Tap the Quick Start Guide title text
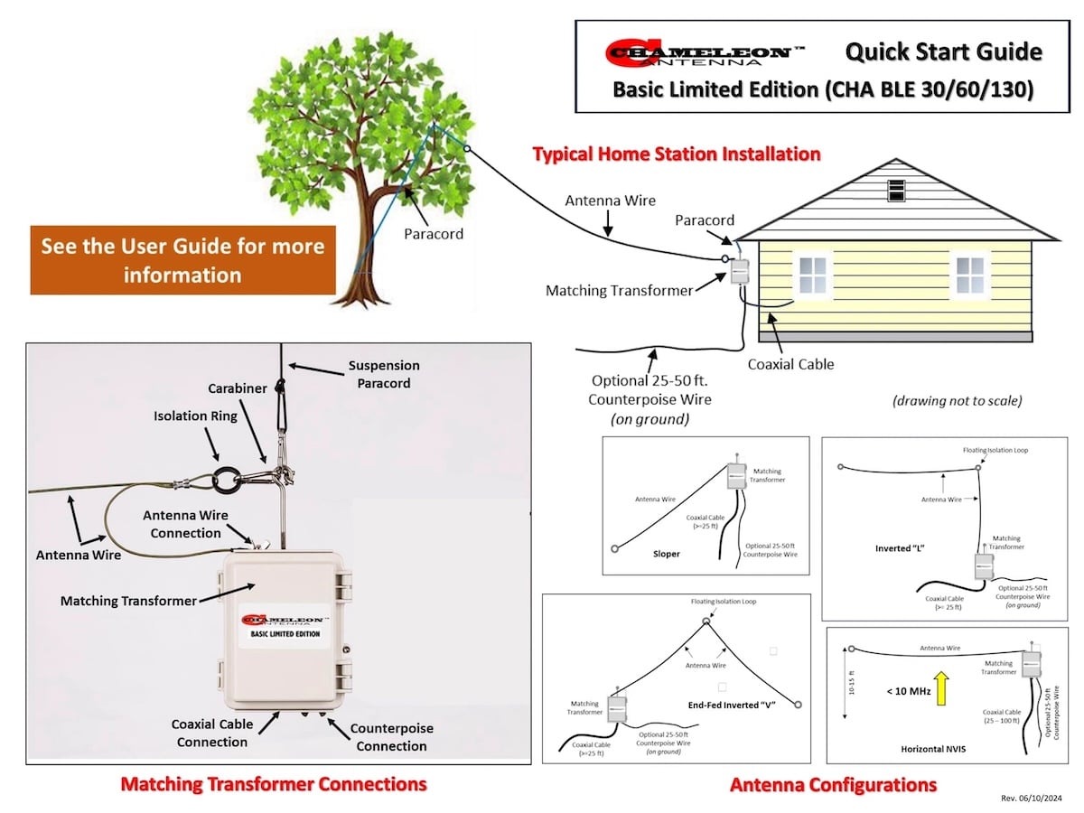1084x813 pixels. (943, 52)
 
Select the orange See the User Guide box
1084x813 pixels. (182, 259)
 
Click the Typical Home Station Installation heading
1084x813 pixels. (676, 154)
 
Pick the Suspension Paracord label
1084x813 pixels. (384, 374)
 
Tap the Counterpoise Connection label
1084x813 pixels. (391, 736)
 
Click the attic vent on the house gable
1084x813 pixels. (896, 190)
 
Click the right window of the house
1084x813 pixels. (970, 274)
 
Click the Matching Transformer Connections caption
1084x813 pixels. (273, 783)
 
